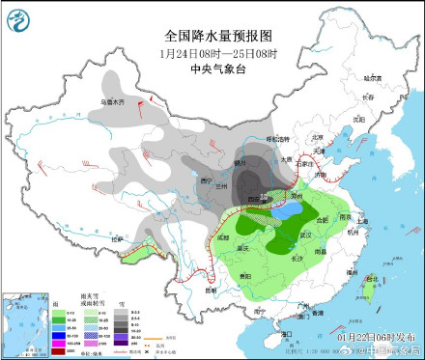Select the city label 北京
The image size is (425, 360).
click(x=307, y=143)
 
